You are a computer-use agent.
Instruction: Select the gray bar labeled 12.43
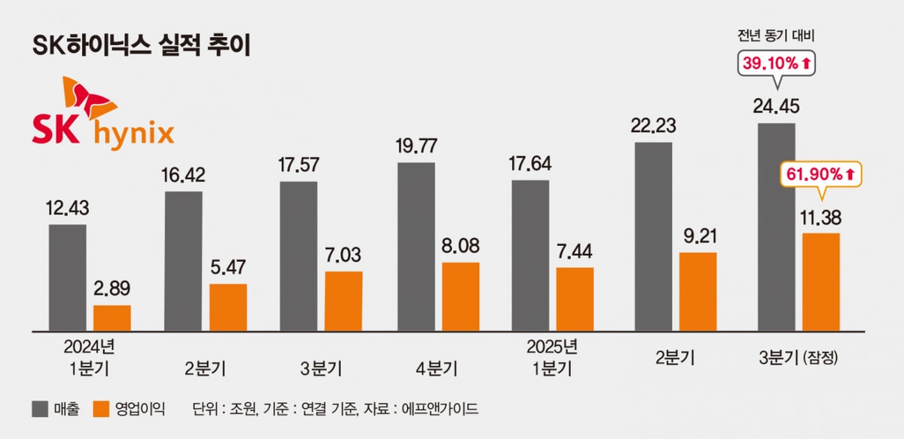68,278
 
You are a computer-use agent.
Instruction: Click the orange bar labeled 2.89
112,318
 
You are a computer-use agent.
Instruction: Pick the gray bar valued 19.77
416,247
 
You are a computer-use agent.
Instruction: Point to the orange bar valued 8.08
460,296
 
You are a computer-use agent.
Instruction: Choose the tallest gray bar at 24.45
777,227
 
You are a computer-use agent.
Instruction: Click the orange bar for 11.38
821,282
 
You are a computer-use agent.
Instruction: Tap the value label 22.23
653,124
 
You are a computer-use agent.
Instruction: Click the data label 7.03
344,254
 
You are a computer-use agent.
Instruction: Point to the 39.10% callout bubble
777,65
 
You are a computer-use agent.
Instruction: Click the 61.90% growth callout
821,175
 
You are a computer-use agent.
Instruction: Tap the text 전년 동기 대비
777,35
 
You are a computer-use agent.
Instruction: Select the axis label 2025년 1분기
552,358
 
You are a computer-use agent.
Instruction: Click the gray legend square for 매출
40,410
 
